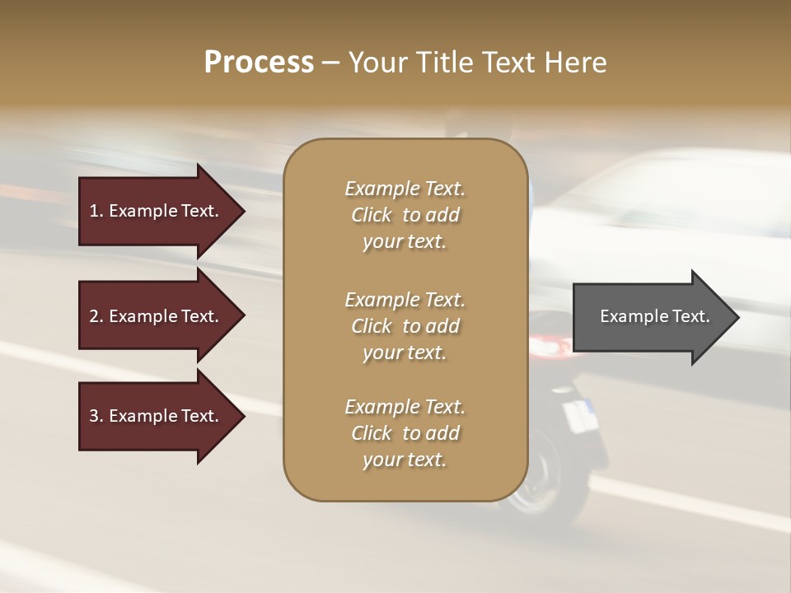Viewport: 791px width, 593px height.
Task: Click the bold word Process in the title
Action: tap(259, 63)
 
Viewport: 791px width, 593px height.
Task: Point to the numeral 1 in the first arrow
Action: tap(94, 211)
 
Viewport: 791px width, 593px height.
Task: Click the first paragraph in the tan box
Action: tap(405, 215)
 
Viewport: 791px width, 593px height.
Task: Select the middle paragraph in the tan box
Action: tap(405, 325)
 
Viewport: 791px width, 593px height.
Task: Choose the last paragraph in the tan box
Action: tap(405, 433)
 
